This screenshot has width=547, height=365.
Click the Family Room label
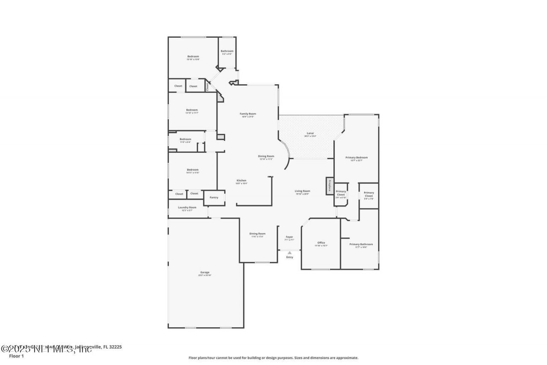[x=248, y=114]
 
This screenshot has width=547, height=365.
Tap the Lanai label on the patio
[x=310, y=134]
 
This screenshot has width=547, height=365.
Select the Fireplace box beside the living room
[x=330, y=186]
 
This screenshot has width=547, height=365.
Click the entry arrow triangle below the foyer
[x=290, y=253]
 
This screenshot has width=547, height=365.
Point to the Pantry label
[x=214, y=197]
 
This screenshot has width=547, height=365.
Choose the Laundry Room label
[x=187, y=208]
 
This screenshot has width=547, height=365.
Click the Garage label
[x=205, y=273]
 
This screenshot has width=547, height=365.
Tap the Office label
[x=321, y=243]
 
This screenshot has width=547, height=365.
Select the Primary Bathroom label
[x=361, y=244]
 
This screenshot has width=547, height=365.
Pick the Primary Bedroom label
[x=356, y=157]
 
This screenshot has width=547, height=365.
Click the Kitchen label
[x=241, y=181]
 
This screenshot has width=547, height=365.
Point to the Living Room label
[x=303, y=191]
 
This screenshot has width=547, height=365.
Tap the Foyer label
[x=289, y=237]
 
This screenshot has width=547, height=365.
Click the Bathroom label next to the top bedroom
[x=227, y=51]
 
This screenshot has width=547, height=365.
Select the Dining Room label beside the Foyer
[x=258, y=234]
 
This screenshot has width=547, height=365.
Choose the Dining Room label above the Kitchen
[x=266, y=156]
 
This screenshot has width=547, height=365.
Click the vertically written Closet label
[x=208, y=87]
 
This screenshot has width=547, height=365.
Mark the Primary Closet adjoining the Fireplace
[x=341, y=193]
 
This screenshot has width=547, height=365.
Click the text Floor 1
[x=16, y=356]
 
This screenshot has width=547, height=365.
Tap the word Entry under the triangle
[x=290, y=257]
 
